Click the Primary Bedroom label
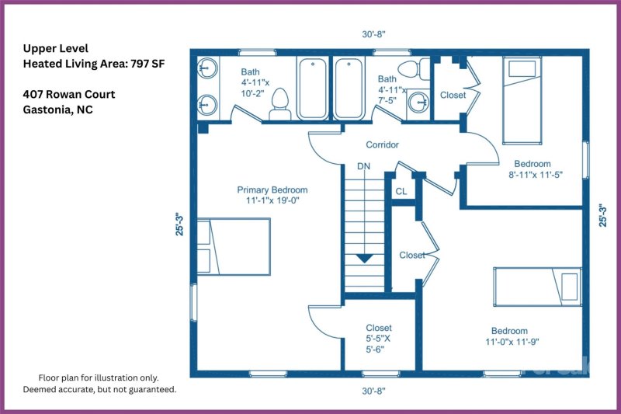(272, 190)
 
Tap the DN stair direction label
(363, 166)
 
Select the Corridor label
(382, 145)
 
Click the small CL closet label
(401, 190)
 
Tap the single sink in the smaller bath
(420, 102)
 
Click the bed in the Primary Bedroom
(233, 246)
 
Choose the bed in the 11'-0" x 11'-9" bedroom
(537, 285)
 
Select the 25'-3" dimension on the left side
(179, 224)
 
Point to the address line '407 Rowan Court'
(69, 95)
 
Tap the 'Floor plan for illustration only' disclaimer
(99, 376)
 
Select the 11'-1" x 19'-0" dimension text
(272, 200)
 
